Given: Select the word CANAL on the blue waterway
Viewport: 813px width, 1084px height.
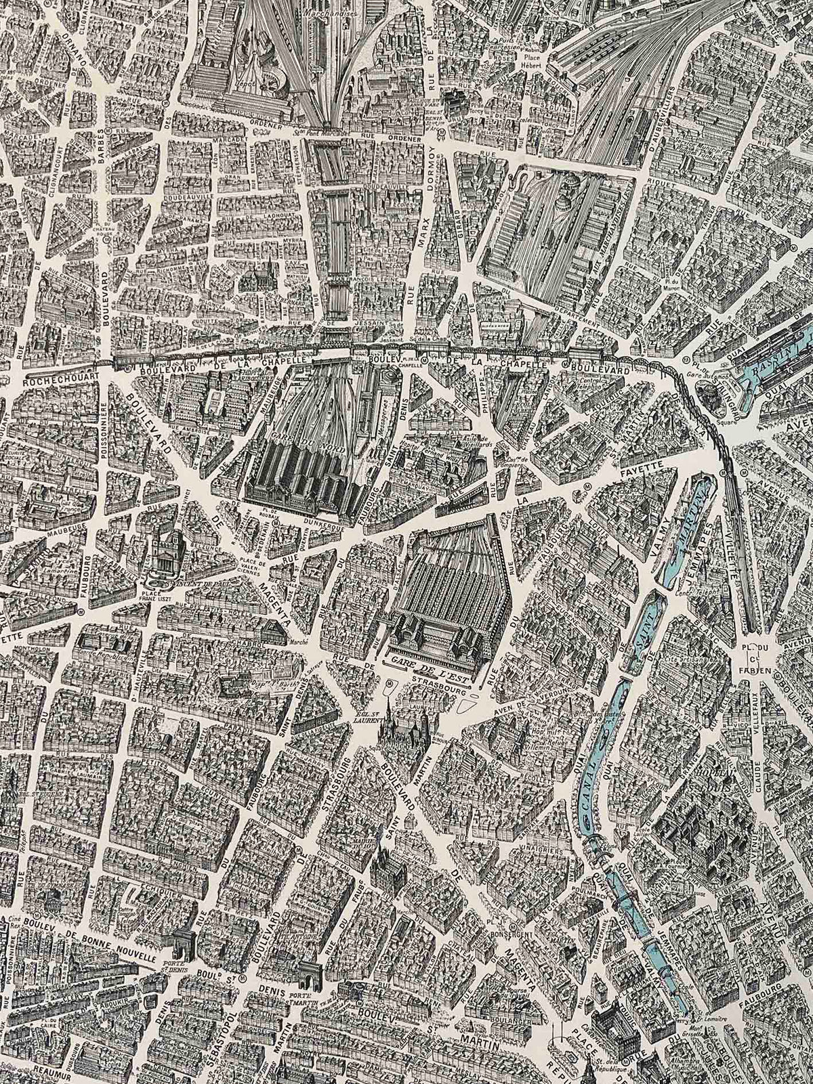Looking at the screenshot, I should point(589,785).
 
